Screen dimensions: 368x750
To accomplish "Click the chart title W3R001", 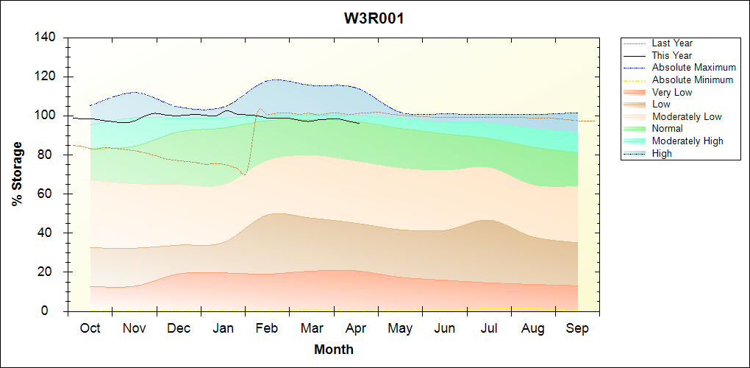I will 374,18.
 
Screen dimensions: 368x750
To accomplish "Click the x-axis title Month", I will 334,350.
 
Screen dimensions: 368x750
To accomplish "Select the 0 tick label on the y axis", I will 54,311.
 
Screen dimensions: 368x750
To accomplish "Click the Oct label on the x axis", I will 90,328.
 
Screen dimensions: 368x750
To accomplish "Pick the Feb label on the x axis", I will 267,328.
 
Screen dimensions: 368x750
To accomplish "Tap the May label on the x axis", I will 400,328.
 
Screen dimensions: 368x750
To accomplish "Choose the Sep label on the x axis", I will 577,328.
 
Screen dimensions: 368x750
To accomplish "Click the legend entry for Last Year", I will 672,43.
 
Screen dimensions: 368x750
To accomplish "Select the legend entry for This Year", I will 672,55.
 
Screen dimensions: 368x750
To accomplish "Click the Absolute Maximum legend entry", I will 693,68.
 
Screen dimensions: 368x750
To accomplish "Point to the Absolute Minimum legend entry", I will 693,79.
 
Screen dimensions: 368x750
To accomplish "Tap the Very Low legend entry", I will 672,92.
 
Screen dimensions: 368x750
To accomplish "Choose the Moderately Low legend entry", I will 687,116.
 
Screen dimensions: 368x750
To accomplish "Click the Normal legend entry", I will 667,128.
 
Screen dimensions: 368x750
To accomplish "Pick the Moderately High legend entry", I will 687,141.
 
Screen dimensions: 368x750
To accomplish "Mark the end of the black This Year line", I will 359,123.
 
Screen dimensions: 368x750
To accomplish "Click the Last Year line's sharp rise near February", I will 251,140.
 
